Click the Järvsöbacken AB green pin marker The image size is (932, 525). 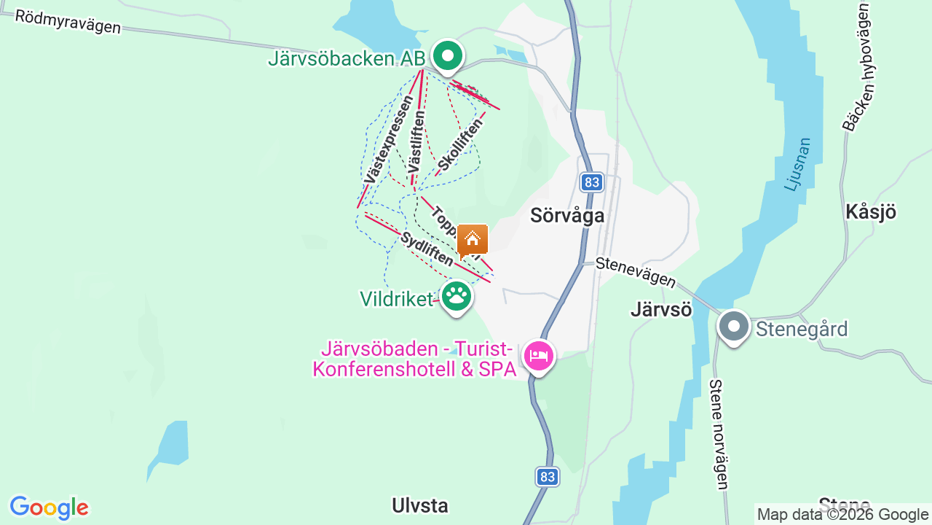coord(448,56)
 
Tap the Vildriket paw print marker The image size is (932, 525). coord(457,296)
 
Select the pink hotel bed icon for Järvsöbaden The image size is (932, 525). coord(539,357)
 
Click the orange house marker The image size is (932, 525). coord(473,239)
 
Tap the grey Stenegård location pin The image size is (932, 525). coord(733,327)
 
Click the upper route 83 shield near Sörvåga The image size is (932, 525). coord(592,182)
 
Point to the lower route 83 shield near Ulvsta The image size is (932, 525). coord(548,477)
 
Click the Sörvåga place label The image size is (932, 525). coord(567,215)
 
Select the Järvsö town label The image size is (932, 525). coord(660,310)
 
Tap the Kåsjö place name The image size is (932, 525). coord(870,212)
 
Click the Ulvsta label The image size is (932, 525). coord(419,505)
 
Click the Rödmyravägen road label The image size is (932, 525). coord(68,22)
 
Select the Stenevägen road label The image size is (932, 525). coord(635,273)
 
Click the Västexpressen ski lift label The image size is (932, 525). coord(388,139)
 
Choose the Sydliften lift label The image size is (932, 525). coord(426,249)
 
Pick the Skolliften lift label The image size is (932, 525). coord(460,144)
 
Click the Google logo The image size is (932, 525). coord(50,507)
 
